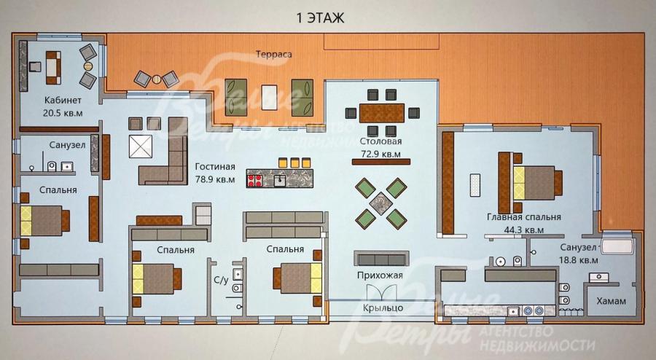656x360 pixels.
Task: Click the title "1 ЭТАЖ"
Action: tap(320, 18)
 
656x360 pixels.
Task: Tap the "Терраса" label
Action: tap(273, 55)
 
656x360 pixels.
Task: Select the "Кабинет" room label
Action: tap(63, 101)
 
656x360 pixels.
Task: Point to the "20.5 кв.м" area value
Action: tap(63, 113)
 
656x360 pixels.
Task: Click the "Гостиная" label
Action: tap(215, 166)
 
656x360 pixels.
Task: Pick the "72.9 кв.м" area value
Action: tap(380, 154)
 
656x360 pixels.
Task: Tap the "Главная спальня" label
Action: tap(524, 217)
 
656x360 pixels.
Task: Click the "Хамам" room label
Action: tap(612, 301)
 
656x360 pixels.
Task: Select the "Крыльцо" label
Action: tap(383, 308)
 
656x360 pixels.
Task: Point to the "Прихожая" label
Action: tap(380, 275)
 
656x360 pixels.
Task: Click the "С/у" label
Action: tap(222, 280)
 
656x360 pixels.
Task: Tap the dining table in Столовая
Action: tap(382, 113)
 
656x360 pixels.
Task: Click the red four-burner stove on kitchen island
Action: tap(255, 180)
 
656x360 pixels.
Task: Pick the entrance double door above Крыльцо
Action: tap(381, 292)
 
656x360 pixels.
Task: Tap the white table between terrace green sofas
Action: tap(270, 98)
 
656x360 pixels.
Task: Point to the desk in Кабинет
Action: tap(53, 68)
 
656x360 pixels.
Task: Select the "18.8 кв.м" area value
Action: tap(579, 259)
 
